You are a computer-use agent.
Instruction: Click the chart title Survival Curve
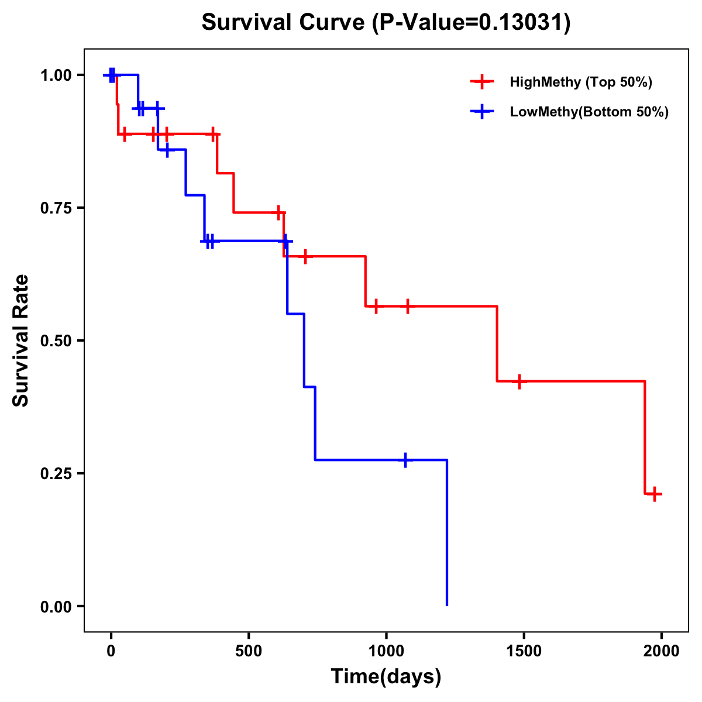pyautogui.click(x=386, y=22)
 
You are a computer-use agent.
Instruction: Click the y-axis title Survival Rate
pyautogui.click(x=21, y=340)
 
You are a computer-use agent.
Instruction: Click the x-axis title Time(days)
pyautogui.click(x=386, y=676)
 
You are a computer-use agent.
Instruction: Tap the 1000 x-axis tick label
pyautogui.click(x=386, y=651)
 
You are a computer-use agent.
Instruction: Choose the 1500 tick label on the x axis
pyautogui.click(x=524, y=651)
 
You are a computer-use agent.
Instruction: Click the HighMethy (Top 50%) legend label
pyautogui.click(x=581, y=82)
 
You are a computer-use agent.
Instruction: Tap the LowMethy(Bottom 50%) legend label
pyautogui.click(x=589, y=112)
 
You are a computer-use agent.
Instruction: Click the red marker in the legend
pyautogui.click(x=481, y=82)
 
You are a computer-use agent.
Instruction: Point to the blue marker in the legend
pyautogui.click(x=481, y=112)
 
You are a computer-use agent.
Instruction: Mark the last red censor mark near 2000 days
pyautogui.click(x=655, y=494)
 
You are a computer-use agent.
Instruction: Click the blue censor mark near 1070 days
pyautogui.click(x=405, y=460)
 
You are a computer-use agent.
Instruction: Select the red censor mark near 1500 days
pyautogui.click(x=518, y=381)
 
